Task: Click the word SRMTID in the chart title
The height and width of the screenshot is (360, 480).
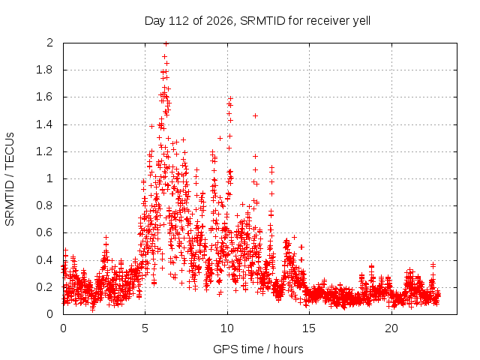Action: (262, 21)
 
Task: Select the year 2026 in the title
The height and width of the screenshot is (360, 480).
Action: (220, 21)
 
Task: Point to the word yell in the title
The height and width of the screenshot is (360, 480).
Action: (361, 21)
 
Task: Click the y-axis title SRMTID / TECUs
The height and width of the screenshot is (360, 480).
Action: (10, 179)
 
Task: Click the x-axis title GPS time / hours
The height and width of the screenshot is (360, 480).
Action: (258, 349)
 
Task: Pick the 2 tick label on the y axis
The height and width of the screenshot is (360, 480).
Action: (49, 43)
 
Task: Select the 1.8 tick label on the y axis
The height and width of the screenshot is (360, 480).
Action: (44, 70)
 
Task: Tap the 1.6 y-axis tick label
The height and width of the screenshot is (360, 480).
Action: (44, 97)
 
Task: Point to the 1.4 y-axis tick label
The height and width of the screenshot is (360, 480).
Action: (44, 124)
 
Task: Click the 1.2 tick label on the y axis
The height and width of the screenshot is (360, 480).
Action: (44, 151)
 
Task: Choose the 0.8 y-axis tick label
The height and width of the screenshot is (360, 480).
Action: (44, 205)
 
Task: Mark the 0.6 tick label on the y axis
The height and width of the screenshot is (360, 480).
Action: (44, 232)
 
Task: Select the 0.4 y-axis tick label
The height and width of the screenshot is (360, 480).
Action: (44, 260)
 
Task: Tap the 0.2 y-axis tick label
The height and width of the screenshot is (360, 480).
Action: (44, 287)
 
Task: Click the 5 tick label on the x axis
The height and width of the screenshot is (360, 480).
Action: (145, 328)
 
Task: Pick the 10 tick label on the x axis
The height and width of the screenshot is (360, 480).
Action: (227, 328)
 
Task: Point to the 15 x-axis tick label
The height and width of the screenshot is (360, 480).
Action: (309, 328)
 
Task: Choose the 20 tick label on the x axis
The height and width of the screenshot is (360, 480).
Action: (391, 328)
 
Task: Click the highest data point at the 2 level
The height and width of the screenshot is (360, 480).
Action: (166, 43)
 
